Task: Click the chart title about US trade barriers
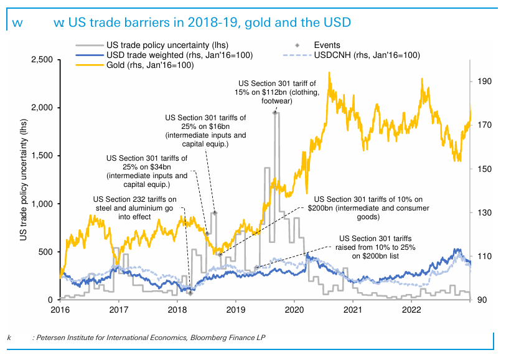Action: pos(202,23)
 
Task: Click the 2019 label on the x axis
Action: pos(235,309)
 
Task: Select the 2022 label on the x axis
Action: pos(412,309)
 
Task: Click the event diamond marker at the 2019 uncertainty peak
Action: pos(274,113)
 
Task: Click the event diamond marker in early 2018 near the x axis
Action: pos(190,293)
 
